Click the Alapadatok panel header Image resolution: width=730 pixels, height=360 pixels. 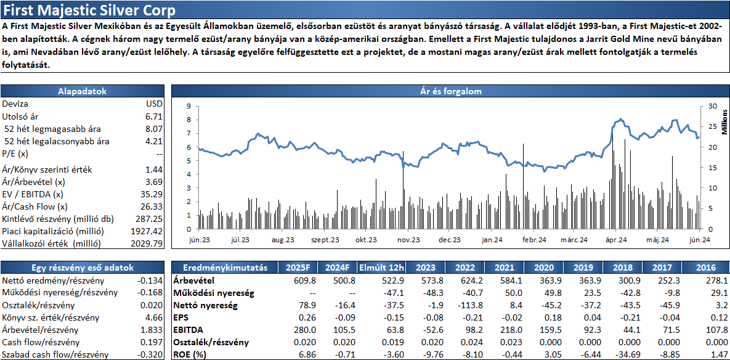coord(83,91)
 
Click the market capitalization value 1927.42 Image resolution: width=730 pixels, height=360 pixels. coord(147,231)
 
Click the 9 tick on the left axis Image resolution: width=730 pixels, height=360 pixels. coord(189,106)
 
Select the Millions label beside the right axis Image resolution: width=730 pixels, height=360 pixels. coord(724,121)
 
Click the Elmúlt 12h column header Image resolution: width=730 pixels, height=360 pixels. coord(382,268)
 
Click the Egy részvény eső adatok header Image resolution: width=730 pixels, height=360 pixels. coord(83,268)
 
